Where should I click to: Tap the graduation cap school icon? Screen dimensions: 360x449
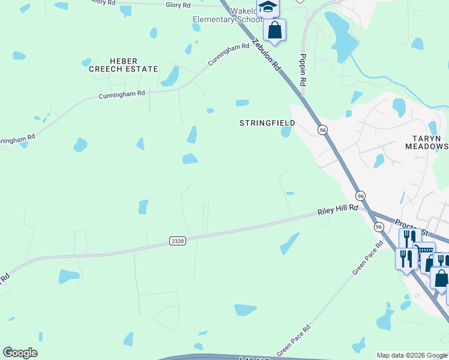[x=268, y=8]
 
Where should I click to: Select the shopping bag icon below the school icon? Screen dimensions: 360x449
[x=274, y=30]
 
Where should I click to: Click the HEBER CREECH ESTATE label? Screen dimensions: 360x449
[x=123, y=65]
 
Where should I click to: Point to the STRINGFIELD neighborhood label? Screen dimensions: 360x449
[x=267, y=123]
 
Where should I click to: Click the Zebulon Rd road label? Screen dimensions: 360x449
[x=267, y=56]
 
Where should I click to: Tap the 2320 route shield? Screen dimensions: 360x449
[x=177, y=241]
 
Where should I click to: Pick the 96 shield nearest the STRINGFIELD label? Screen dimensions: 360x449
[x=323, y=130]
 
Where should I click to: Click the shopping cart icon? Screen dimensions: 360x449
[x=426, y=250]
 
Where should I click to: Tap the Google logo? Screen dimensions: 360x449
[x=20, y=353]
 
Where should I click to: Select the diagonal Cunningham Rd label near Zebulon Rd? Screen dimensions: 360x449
[x=229, y=55]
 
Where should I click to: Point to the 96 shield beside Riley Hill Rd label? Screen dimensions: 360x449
[x=360, y=196]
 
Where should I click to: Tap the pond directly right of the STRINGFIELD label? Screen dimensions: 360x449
[x=286, y=131]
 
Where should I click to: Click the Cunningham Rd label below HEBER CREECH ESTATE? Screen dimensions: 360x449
[x=122, y=95]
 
